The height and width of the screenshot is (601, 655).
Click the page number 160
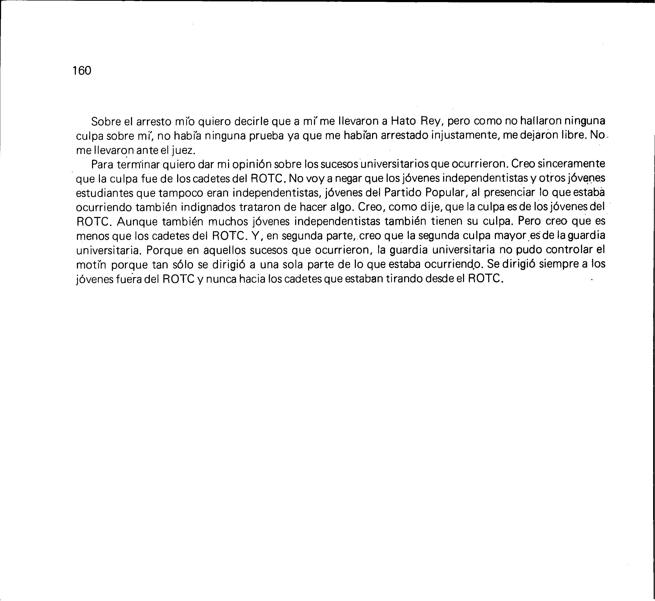pos(82,70)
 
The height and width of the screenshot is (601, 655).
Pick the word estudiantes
pos(104,193)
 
